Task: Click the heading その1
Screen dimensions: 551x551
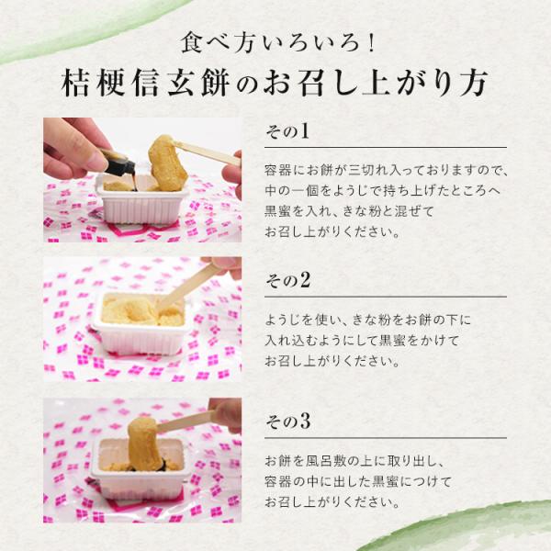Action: coord(287,131)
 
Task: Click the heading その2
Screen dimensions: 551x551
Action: coord(287,280)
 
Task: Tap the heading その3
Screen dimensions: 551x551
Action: coord(287,421)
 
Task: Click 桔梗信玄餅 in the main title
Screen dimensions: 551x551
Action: coord(145,84)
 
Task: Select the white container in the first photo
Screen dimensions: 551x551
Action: coord(141,201)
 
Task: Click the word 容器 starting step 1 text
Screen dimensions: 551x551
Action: coord(278,170)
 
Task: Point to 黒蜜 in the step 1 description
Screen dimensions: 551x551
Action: coord(278,211)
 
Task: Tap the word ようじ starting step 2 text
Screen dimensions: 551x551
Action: coord(285,320)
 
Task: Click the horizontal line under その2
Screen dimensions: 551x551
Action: coord(386,297)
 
